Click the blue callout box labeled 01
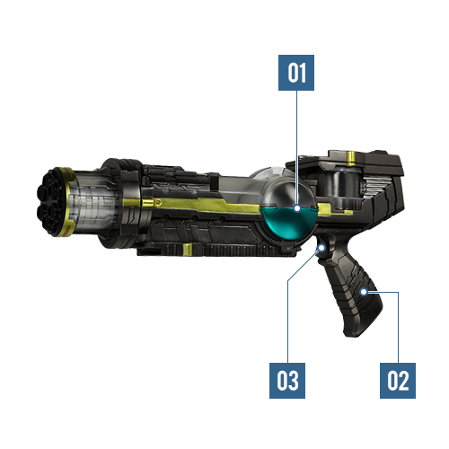click(296, 73)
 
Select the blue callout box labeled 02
click(398, 381)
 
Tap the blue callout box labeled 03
click(287, 381)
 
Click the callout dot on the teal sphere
click(297, 208)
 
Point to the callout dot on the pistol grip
click(364, 292)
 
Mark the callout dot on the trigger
click(321, 248)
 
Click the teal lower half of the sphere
click(288, 223)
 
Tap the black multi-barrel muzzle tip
click(49, 203)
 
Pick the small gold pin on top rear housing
click(350, 158)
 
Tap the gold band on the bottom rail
click(188, 250)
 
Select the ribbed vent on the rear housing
click(377, 187)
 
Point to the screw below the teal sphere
click(287, 246)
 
